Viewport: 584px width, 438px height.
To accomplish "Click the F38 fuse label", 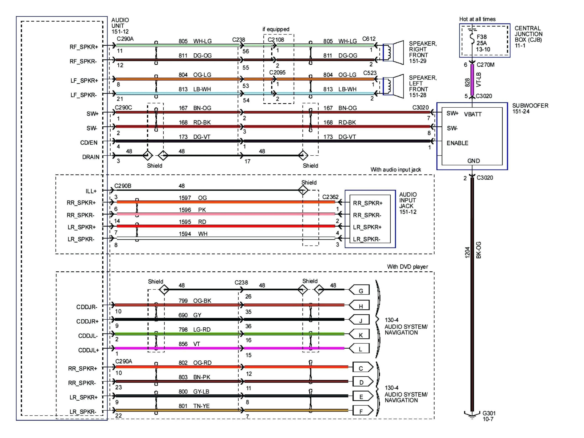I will coord(481,37).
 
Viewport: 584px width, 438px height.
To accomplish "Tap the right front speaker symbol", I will coord(394,52).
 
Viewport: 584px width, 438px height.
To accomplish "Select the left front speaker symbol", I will coord(394,86).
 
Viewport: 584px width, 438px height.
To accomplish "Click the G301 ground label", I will coord(489,413).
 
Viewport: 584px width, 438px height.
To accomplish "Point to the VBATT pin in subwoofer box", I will coord(473,114).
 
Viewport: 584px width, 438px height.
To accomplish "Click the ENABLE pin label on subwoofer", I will coord(457,143).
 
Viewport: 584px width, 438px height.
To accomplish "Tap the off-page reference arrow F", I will coord(362,411).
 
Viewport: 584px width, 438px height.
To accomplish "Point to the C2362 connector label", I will coord(330,197).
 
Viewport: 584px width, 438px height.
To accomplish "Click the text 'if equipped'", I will coord(276,29).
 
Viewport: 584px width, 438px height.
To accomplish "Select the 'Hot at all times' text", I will coord(477,19).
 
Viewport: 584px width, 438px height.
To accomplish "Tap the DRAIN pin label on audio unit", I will coord(91,157).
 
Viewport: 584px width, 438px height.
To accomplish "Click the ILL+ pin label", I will coord(91,191).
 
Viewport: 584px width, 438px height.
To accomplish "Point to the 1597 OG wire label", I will coord(193,198).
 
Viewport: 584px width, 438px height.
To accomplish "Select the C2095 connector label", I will coord(277,72).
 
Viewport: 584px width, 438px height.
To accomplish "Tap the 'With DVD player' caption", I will coord(407,267).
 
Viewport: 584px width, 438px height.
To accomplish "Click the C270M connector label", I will coord(485,65).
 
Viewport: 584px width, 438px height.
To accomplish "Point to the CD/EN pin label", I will coord(89,143).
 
